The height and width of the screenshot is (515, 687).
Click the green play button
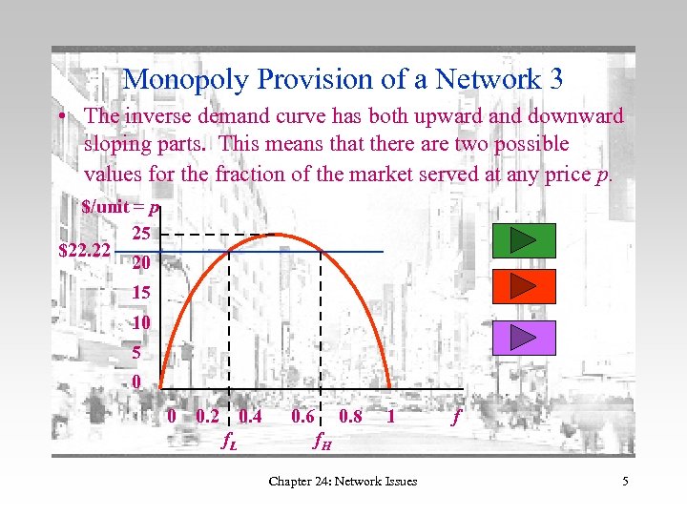point(524,239)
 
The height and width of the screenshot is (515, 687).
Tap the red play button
point(524,287)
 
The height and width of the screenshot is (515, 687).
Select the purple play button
point(524,336)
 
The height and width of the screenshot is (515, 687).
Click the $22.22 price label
point(85,252)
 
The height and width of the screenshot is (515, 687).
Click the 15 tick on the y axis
point(141,293)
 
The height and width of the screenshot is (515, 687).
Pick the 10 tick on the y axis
point(141,322)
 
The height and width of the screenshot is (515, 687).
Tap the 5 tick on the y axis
point(137,353)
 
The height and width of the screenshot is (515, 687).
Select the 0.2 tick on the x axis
point(206,416)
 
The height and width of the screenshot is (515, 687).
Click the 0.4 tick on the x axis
point(251,416)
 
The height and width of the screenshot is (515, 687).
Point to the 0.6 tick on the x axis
point(303,416)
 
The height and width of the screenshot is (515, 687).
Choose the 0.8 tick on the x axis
point(350,416)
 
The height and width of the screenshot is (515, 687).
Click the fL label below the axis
point(229,441)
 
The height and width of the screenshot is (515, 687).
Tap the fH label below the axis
point(322,441)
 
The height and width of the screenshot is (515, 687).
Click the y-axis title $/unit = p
point(120,207)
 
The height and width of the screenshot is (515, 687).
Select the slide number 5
point(625,481)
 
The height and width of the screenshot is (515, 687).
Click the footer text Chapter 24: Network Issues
point(343,481)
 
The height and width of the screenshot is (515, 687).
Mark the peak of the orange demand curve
point(276,235)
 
